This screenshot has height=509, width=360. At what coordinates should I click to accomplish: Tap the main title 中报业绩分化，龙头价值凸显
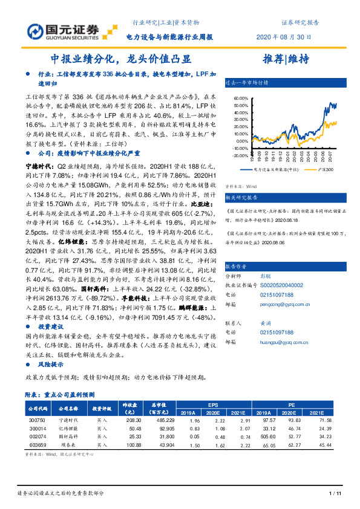[121, 59]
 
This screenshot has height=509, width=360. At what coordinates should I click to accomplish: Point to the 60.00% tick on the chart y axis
[240, 97]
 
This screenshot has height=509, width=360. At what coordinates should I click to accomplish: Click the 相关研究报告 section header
[241, 197]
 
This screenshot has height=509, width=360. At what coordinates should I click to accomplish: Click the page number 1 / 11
[334, 493]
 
